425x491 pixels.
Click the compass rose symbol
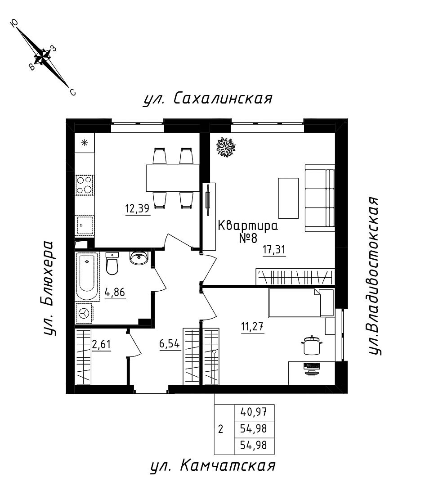click(44, 57)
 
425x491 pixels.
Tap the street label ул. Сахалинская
click(208, 98)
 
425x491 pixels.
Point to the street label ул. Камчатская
click(212, 466)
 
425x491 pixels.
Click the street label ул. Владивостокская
click(375, 275)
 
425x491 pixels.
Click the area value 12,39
click(138, 209)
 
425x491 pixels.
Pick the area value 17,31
click(274, 250)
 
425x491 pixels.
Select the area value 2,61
click(102, 345)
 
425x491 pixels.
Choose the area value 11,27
click(252, 326)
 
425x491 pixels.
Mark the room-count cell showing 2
click(220, 429)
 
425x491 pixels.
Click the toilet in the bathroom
click(112, 263)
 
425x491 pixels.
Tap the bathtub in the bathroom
click(87, 276)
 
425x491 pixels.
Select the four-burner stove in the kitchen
click(84, 185)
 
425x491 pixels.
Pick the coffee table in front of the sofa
click(288, 198)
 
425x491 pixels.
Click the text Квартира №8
click(247, 231)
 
